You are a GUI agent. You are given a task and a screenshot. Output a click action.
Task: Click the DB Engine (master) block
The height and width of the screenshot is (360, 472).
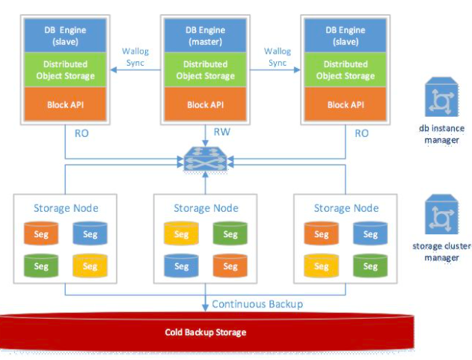click(204, 34)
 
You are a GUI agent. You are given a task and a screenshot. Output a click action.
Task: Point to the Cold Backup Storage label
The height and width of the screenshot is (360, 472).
click(205, 332)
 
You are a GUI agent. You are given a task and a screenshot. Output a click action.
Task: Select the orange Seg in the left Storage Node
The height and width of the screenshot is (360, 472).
click(42, 234)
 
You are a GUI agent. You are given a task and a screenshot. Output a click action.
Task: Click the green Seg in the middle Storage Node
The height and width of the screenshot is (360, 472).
click(230, 234)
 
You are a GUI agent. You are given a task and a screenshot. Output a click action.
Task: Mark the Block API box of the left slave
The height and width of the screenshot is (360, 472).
click(64, 105)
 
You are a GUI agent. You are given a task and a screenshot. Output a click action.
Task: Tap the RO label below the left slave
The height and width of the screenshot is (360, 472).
click(81, 134)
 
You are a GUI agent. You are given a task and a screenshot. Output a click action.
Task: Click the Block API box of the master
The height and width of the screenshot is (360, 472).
click(204, 105)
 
